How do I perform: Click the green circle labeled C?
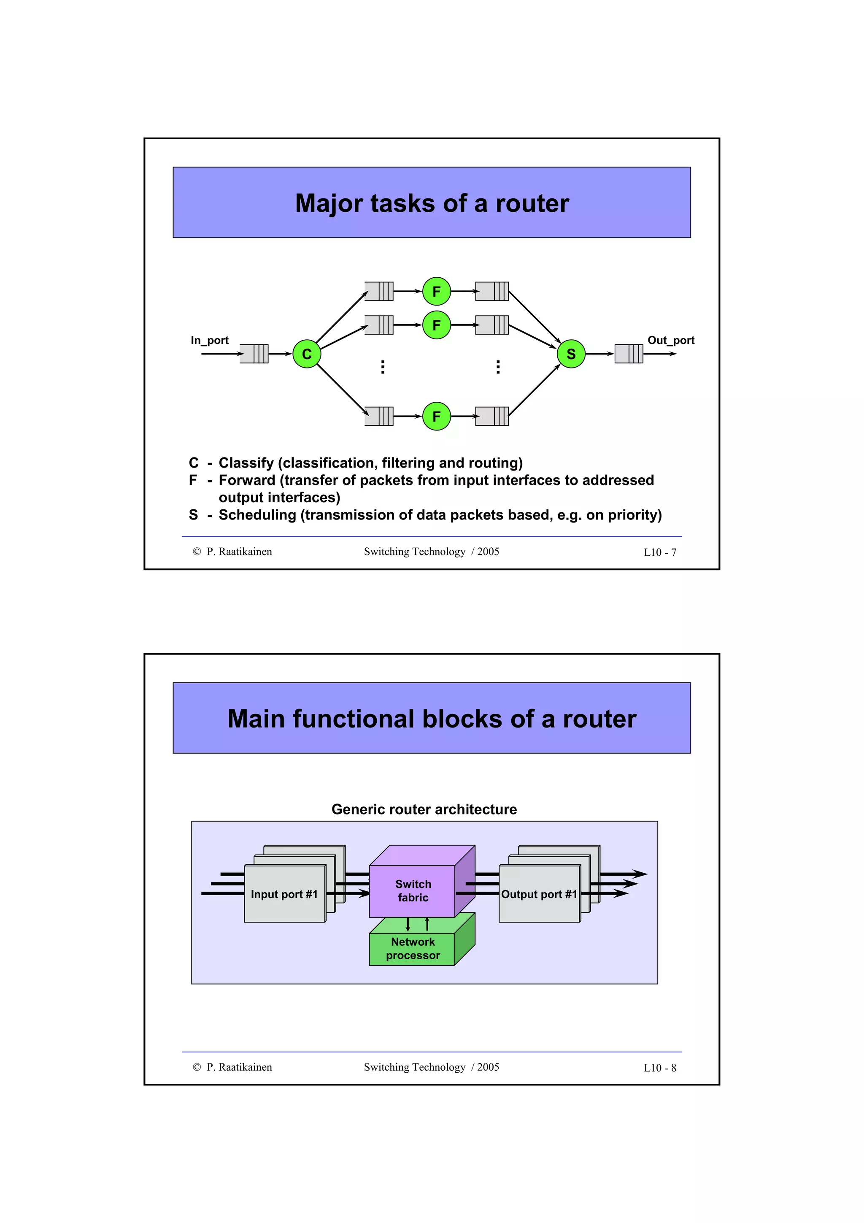307,354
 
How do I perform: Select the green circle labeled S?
571,354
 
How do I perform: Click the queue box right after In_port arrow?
254,354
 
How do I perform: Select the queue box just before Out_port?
628,354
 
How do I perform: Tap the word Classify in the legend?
246,463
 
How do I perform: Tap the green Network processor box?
413,949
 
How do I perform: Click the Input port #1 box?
284,894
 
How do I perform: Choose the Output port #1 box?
539,894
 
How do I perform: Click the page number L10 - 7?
659,552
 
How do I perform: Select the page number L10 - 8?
659,1068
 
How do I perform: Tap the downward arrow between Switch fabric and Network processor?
408,924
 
